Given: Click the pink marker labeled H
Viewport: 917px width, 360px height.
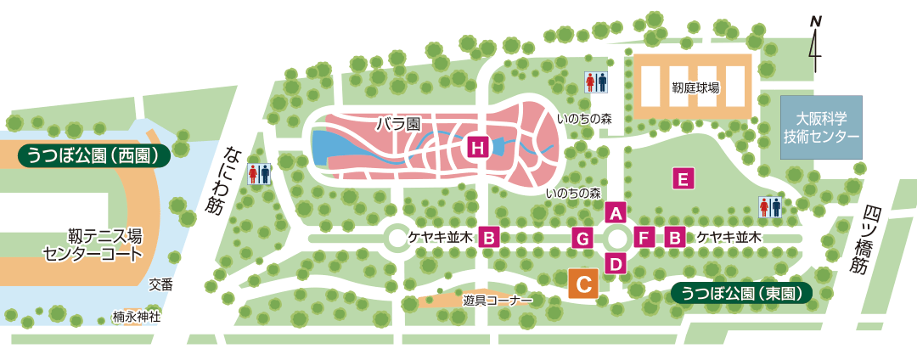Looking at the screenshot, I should coord(479,148).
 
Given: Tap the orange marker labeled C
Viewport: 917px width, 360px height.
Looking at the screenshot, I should coord(583,283).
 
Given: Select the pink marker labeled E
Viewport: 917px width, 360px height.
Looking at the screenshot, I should coord(683,178).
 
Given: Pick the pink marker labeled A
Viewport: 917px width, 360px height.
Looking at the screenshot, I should coord(616,212).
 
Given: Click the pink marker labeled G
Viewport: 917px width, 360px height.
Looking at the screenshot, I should coord(582,238).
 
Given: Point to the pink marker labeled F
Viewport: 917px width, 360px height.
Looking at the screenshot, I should coord(644,238).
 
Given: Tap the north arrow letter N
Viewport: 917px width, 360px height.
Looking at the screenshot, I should coord(815,20).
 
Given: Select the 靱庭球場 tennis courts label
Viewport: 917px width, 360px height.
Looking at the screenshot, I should coord(695,87).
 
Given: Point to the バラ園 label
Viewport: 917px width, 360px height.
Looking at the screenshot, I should coord(399,124).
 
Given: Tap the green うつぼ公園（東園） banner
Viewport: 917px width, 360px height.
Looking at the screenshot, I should coord(741,293).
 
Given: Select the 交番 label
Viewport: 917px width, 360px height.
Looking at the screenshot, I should coord(160,285).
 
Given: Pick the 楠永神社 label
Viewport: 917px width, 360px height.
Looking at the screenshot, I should coord(137,317).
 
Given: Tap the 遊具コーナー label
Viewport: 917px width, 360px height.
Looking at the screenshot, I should coord(498,301).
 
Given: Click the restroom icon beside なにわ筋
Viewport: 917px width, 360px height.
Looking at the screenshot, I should coord(259,174).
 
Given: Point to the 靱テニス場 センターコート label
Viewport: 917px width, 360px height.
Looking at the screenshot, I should coord(93,245).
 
